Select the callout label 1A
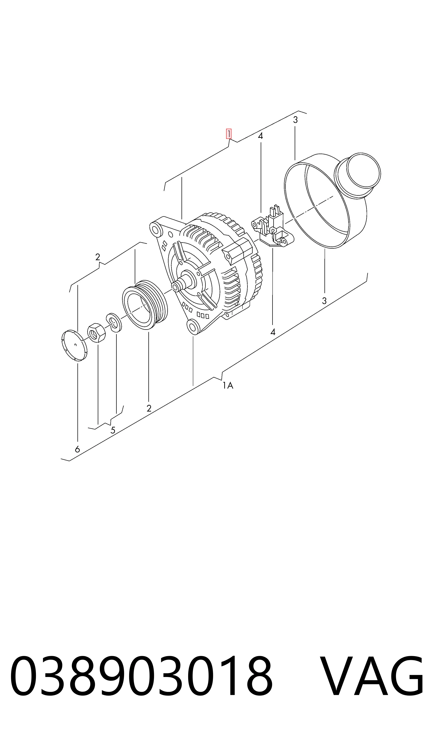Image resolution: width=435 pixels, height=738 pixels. tap(228, 385)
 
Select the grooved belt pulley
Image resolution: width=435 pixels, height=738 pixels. tap(145, 304)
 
